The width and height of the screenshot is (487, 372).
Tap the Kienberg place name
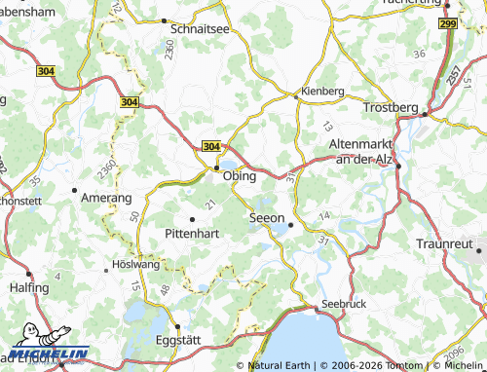tap(323, 91)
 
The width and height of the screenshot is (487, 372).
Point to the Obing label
tap(240, 176)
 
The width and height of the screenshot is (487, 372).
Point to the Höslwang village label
tap(136, 264)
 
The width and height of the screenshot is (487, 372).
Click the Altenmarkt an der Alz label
tap(361, 151)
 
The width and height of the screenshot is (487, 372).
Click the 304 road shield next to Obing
tap(211, 145)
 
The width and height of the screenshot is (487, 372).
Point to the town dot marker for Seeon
tap(290, 225)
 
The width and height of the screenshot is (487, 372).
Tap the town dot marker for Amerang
tap(75, 190)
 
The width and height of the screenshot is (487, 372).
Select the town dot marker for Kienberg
tap(296, 95)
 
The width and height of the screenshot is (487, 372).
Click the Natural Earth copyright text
tap(281, 366)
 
